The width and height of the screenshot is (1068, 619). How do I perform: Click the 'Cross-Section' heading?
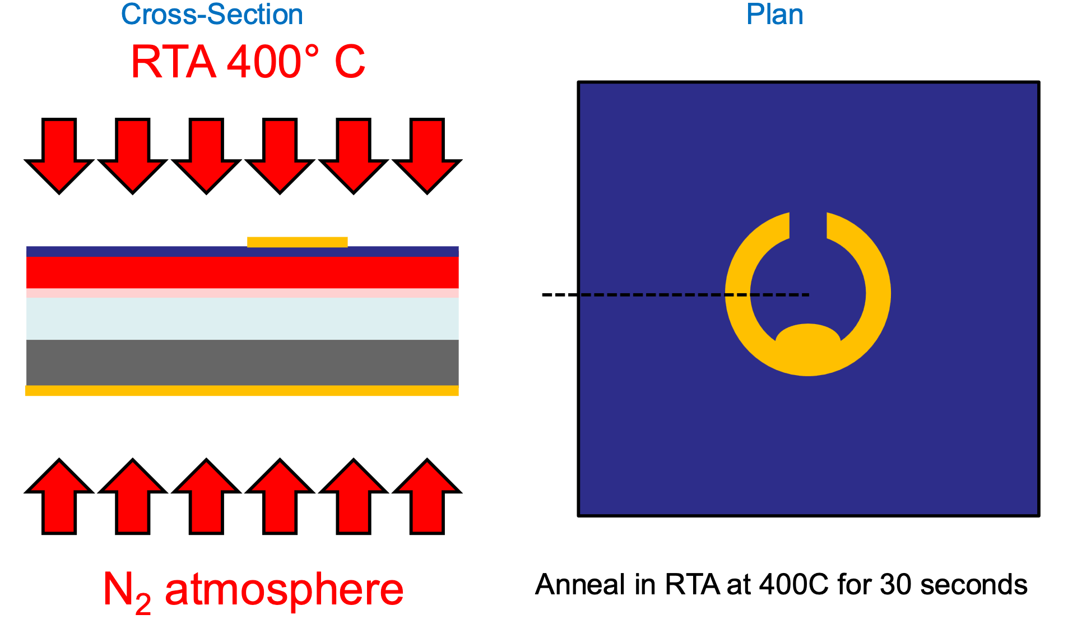[212, 14]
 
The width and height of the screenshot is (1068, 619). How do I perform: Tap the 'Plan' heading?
[774, 14]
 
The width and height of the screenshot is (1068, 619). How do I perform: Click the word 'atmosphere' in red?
[284, 589]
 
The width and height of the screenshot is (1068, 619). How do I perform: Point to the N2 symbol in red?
[127, 592]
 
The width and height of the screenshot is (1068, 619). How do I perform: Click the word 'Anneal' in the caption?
[579, 584]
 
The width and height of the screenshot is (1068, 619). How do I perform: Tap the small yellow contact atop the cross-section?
[297, 242]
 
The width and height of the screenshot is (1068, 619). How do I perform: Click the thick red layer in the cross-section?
[242, 272]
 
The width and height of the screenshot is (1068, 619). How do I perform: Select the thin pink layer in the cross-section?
[242, 293]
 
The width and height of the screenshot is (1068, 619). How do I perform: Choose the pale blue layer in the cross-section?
[242, 318]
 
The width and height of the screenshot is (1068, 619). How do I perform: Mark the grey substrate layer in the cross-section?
[242, 362]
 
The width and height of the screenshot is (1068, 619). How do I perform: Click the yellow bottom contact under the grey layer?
[242, 391]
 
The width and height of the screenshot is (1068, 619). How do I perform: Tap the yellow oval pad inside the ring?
[807, 337]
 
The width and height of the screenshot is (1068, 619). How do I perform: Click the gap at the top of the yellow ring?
[808, 224]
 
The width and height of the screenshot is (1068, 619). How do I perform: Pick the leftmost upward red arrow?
[59, 496]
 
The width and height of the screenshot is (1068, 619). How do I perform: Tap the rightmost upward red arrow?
[427, 496]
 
